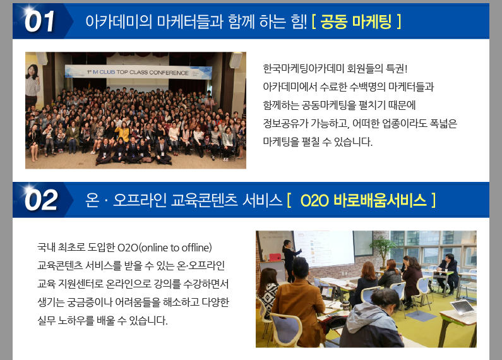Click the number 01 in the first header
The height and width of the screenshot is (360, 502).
tap(39, 21)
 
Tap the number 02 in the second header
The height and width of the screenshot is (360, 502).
tap(41, 200)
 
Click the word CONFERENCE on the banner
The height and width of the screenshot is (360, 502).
tap(169, 73)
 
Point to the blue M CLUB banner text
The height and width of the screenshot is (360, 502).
tap(104, 72)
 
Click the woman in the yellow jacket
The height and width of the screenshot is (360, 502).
tap(123, 135)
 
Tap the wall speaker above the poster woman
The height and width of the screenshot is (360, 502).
tap(42, 58)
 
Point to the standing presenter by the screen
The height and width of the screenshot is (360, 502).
tap(290, 260)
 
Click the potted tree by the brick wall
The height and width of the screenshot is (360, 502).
tap(381, 251)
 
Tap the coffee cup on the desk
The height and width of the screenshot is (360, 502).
tap(345, 306)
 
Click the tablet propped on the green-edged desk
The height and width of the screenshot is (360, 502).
tap(462, 308)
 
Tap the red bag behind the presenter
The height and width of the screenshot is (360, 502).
tap(275, 257)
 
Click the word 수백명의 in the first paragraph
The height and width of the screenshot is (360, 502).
tap(368, 87)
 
